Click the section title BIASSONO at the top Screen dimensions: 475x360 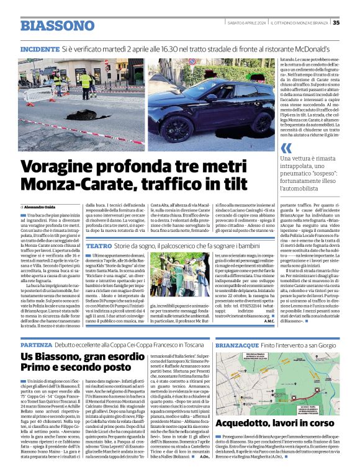click(x=56, y=26)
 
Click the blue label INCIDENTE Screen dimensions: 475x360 click(x=40, y=48)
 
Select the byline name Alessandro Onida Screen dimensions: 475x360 click(x=41, y=206)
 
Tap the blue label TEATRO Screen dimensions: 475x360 click(x=99, y=246)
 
